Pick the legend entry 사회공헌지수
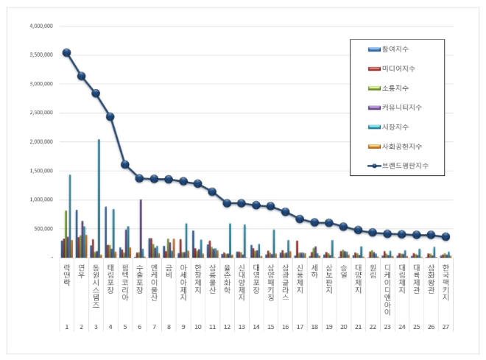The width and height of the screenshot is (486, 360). [401, 146]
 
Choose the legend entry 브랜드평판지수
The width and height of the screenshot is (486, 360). [405, 166]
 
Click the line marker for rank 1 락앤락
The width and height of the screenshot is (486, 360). [66, 52]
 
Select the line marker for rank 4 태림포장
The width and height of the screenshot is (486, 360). [110, 116]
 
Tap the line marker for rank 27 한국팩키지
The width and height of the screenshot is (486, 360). [445, 236]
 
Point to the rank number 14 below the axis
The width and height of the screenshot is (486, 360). [256, 325]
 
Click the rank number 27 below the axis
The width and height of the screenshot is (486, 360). [445, 325]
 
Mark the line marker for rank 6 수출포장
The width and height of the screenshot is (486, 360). [139, 178]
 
